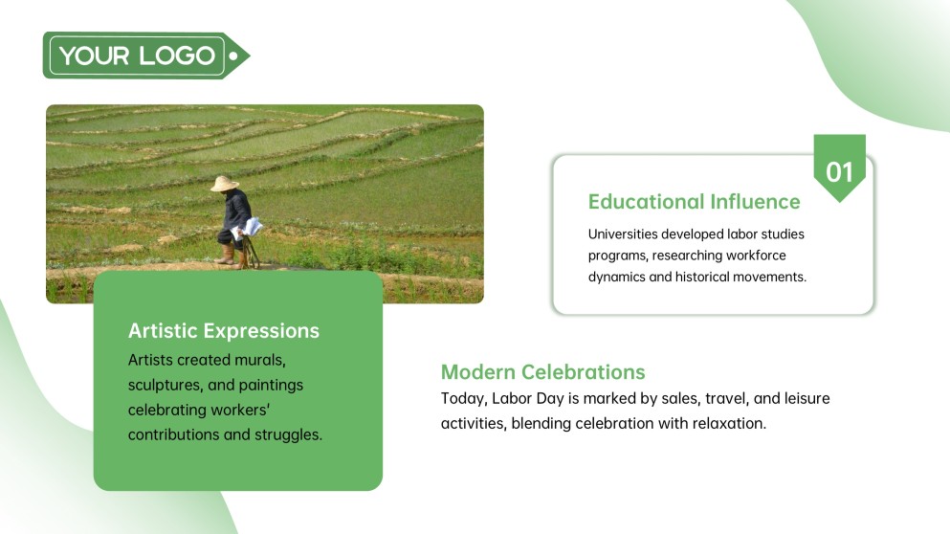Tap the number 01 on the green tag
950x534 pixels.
tap(839, 172)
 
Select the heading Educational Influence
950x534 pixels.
tap(694, 202)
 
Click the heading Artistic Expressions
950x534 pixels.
tap(224, 331)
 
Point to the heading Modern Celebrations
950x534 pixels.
tap(542, 372)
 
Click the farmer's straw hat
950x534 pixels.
tap(225, 183)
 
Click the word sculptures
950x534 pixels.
tap(164, 385)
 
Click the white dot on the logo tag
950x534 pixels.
tap(233, 56)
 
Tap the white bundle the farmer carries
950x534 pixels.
tap(253, 227)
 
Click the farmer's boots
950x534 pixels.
tap(227, 256)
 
